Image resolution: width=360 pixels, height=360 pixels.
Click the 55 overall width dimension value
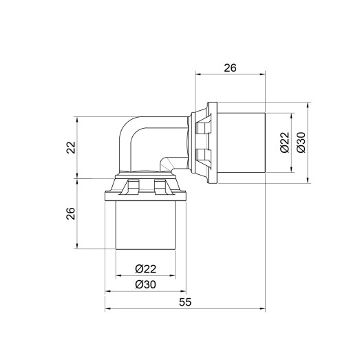coord(185,302)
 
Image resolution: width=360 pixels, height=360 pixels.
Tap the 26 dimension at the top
coord(230,67)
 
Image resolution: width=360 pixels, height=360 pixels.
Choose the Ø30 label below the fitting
coord(145,284)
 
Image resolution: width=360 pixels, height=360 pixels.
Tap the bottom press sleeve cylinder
coord(145,224)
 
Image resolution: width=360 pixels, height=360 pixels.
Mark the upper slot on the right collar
coord(202,128)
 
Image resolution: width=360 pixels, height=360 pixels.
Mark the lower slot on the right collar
coord(202,158)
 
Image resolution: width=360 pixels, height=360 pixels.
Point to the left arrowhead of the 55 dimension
coord(108,310)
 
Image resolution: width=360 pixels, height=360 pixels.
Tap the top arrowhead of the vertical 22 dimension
coord(80,117)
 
